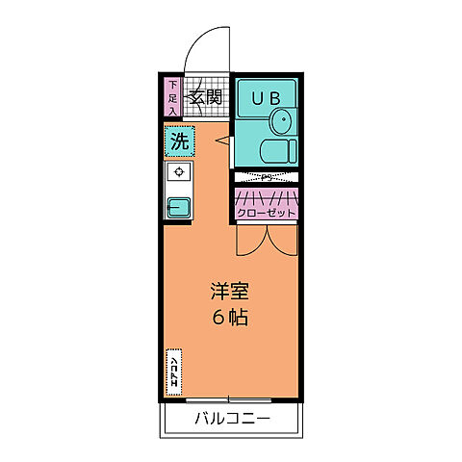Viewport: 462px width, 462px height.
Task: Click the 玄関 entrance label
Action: [x=206, y=97]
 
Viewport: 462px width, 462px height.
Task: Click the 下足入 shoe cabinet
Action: [x=172, y=97]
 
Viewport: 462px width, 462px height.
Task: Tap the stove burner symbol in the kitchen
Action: [x=178, y=172]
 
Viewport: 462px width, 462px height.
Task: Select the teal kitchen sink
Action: [x=179, y=205]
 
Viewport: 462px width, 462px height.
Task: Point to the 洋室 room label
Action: [x=230, y=291]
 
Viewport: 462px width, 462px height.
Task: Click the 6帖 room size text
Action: [x=230, y=318]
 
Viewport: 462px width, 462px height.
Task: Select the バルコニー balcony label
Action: [x=231, y=420]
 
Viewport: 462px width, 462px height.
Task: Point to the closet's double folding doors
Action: [x=266, y=241]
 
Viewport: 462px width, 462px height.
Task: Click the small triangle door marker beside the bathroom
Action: [x=223, y=141]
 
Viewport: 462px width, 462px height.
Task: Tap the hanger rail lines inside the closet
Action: [x=266, y=196]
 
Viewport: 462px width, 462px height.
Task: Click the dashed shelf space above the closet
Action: [x=266, y=177]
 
